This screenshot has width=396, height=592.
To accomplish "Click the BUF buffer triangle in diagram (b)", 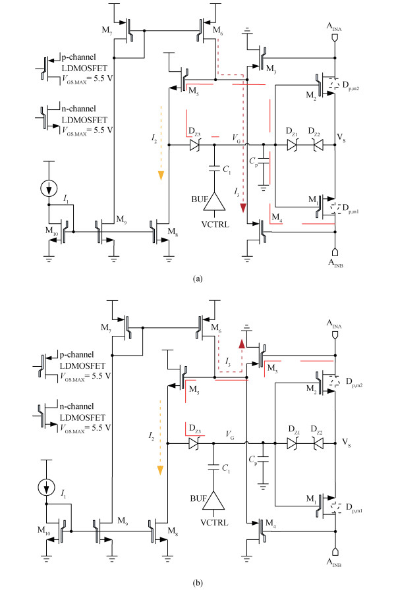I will click(x=214, y=502).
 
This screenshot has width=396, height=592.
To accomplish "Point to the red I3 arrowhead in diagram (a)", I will click(x=244, y=209).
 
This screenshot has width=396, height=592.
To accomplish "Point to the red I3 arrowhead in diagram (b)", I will click(x=242, y=344).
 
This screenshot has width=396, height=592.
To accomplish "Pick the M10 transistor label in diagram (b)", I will click(x=42, y=512).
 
